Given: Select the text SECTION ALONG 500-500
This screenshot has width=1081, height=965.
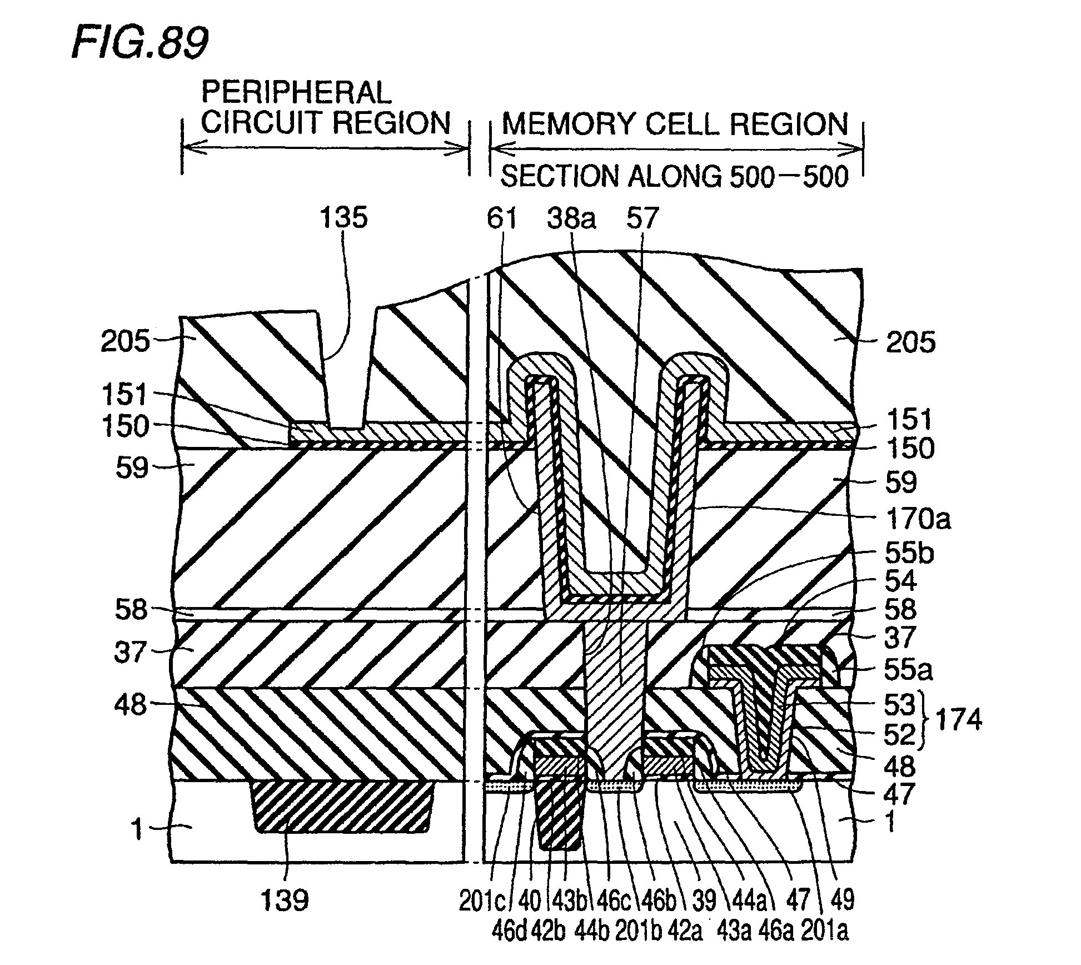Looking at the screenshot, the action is coord(675,177).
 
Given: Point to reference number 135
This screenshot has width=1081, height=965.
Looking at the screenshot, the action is coord(343,217).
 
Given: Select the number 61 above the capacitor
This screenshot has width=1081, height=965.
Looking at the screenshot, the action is coord(502,218).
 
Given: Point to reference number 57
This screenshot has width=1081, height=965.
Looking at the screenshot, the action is coord(642,218).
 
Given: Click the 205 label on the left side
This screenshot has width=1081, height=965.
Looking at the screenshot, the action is coord(125,341).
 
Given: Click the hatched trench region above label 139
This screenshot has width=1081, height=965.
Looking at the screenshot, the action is coord(342,806).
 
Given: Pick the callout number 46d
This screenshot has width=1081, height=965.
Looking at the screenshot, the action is coord(509,932).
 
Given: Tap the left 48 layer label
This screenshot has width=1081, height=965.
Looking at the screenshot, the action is coord(131,705).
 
